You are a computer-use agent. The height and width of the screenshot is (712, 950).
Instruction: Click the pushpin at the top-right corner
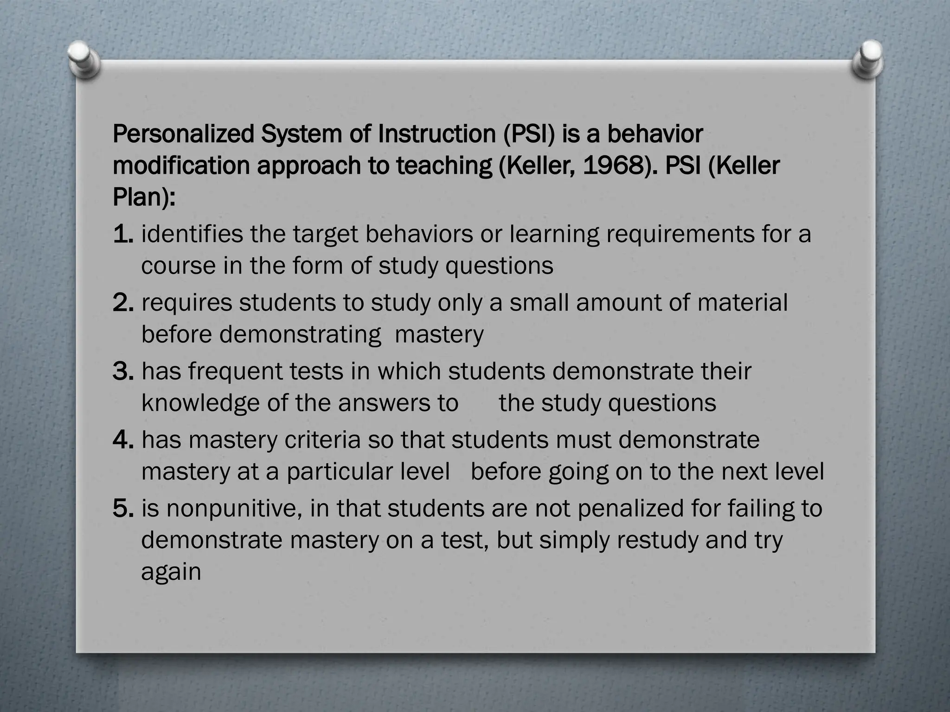click(x=867, y=60)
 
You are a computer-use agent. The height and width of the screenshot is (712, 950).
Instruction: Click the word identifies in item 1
click(x=192, y=234)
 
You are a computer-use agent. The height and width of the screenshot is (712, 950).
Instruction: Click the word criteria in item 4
click(x=322, y=440)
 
